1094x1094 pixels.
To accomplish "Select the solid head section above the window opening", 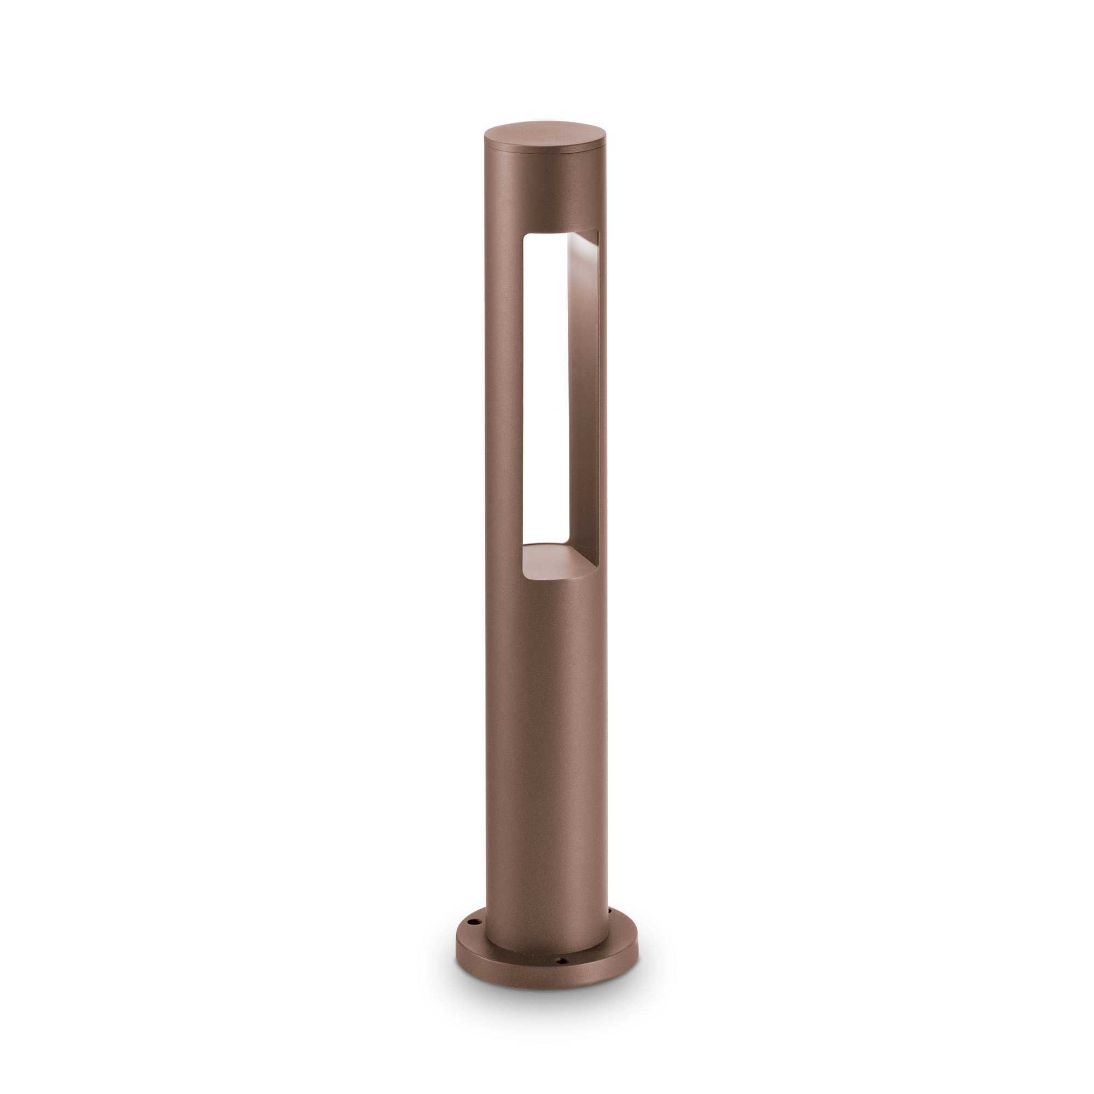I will click(x=545, y=193).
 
